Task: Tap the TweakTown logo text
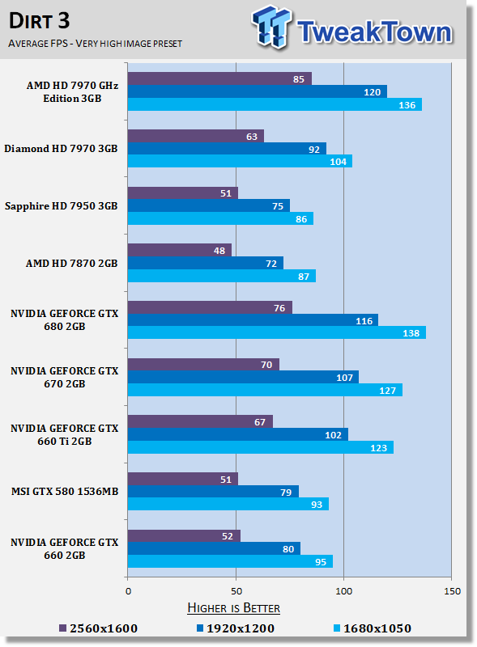tap(373, 32)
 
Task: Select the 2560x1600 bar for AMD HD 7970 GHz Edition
tap(219, 78)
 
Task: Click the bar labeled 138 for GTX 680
tap(276, 332)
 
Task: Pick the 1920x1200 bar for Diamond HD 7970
tap(227, 149)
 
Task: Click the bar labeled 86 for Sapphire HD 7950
tap(220, 218)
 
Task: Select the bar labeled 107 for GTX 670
tap(243, 377)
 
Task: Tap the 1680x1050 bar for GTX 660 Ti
tap(260, 447)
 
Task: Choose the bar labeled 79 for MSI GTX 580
tap(213, 492)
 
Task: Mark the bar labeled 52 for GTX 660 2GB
tap(184, 536)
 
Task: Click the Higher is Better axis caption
tap(233, 607)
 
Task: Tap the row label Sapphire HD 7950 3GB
tap(61, 205)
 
